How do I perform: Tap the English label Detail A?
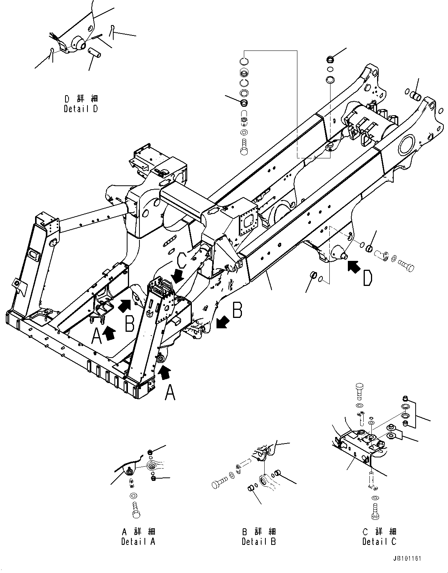click(x=138, y=541)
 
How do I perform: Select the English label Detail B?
click(x=259, y=541)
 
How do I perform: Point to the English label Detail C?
click(x=379, y=541)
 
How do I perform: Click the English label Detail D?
click(x=81, y=109)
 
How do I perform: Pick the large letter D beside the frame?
click(x=367, y=278)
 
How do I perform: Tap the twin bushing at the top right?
click(x=414, y=94)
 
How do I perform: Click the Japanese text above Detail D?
click(x=81, y=99)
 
